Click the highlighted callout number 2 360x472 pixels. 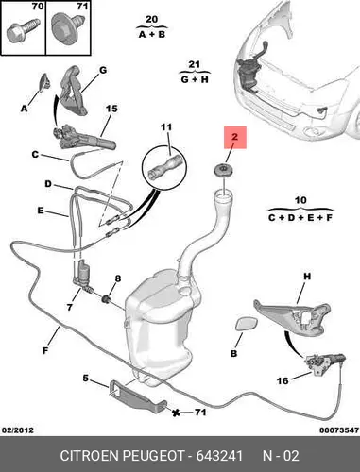(x=234, y=137)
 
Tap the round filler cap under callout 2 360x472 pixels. (x=224, y=171)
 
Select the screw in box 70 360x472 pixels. (x=23, y=31)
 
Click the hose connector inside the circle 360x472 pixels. (x=164, y=167)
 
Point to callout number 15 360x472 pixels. (x=111, y=109)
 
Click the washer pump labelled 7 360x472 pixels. (x=82, y=274)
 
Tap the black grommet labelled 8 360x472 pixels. (x=106, y=298)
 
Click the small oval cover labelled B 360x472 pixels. (x=246, y=324)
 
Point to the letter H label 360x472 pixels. (x=307, y=277)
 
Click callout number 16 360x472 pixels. (x=283, y=380)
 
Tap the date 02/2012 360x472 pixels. (x=18, y=430)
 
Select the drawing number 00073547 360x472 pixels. (x=339, y=430)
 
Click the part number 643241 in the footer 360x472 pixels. (x=219, y=456)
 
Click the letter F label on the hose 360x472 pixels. (x=45, y=350)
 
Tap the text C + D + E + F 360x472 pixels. (x=300, y=217)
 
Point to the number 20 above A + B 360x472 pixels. (x=151, y=19)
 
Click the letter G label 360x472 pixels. (x=103, y=70)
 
